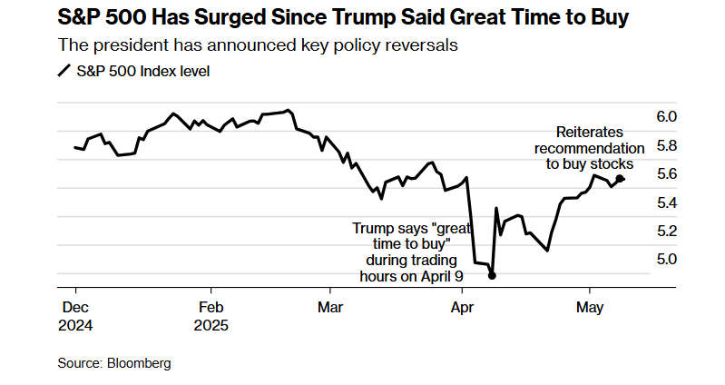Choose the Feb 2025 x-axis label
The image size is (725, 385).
[211, 316]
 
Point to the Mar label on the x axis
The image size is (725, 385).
[330, 308]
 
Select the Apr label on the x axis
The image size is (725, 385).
[463, 308]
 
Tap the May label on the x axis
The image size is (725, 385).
[591, 308]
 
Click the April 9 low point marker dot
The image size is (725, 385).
[492, 276]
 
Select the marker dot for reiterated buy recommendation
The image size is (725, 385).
[620, 179]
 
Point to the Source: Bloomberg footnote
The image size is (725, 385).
[114, 363]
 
